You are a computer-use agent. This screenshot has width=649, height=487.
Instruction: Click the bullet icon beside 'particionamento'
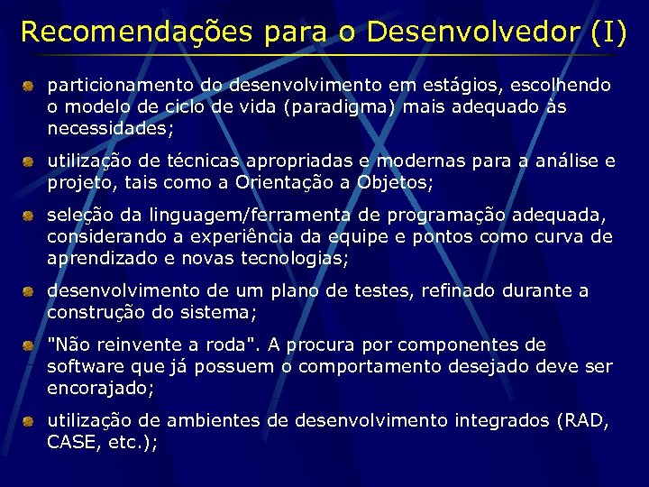pyautogui.click(x=29, y=87)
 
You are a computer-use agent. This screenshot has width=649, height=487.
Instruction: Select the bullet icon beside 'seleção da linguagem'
pyautogui.click(x=29, y=216)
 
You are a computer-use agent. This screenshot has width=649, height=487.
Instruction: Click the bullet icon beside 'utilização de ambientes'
pyautogui.click(x=29, y=421)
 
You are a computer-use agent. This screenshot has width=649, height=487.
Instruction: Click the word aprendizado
pyautogui.click(x=100, y=258)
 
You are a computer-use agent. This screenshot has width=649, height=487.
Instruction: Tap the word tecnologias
pyautogui.click(x=297, y=258)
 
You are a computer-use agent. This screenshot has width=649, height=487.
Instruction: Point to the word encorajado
pyautogui.click(x=99, y=388)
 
